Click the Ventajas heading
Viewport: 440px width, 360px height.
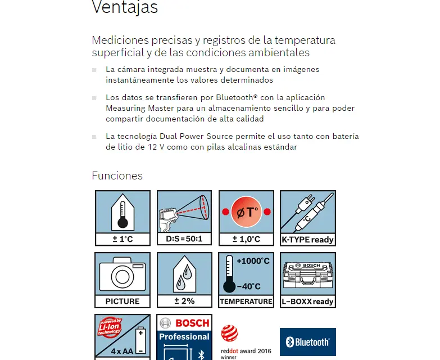(124, 8)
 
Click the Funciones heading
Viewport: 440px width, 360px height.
(117, 175)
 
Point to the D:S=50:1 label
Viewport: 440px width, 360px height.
(184, 239)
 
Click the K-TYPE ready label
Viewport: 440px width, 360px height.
(307, 239)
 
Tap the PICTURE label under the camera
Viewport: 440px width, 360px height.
(122, 301)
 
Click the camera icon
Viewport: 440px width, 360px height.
(122, 274)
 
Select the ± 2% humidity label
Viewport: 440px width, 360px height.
(184, 301)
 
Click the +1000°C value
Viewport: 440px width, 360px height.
(253, 261)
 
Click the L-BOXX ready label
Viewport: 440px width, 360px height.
(307, 301)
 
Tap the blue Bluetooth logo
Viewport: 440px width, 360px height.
(307, 341)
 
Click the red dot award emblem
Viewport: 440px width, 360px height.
(229, 334)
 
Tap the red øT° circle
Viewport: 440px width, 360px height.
(246, 211)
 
